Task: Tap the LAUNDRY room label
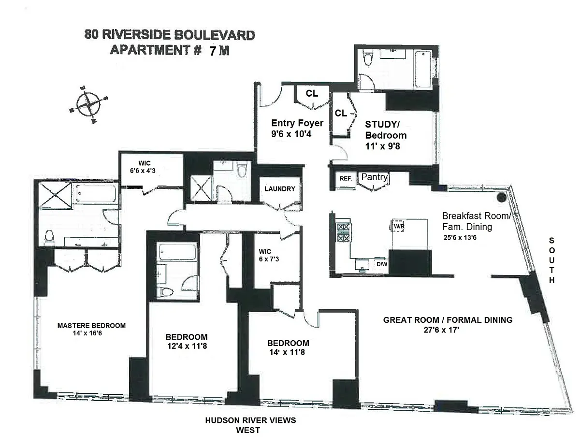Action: point(279,189)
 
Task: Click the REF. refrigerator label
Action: point(346,178)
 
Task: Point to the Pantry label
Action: point(375,177)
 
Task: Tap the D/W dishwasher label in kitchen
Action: point(381,264)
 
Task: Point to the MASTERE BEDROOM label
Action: point(91,325)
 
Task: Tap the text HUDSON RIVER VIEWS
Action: point(250,420)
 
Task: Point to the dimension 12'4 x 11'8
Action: point(186,346)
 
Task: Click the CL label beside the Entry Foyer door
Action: point(312,94)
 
